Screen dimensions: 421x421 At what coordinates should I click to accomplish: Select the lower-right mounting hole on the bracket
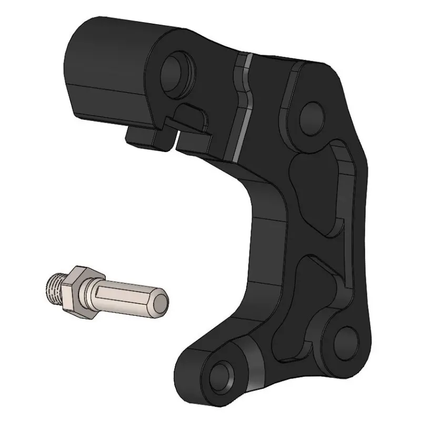[345, 338]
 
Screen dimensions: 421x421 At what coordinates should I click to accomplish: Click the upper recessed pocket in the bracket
[316, 189]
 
